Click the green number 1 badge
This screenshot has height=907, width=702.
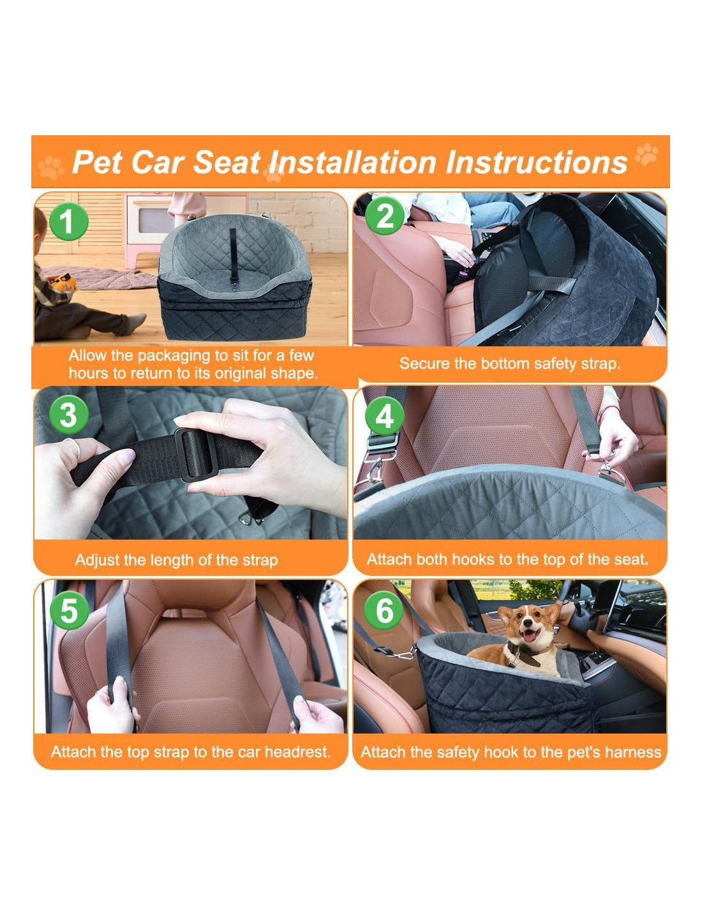click(68, 221)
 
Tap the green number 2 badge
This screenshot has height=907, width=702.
click(385, 216)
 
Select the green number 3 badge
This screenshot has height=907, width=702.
click(68, 415)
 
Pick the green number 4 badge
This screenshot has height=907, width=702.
click(385, 416)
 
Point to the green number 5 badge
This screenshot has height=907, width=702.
click(70, 610)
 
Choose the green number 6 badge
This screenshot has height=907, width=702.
click(385, 610)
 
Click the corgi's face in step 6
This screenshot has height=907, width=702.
click(528, 624)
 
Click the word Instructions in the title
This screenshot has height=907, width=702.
click(536, 162)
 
